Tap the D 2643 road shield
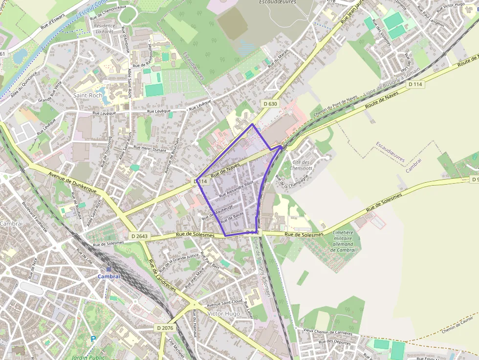point(139,236)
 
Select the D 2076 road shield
point(166,327)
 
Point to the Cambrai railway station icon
point(109,269)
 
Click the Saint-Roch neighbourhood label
point(88,95)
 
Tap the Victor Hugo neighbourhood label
point(223,313)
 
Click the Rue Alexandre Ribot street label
point(237,189)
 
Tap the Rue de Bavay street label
point(232,217)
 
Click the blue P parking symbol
point(93,338)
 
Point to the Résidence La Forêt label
point(105,28)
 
